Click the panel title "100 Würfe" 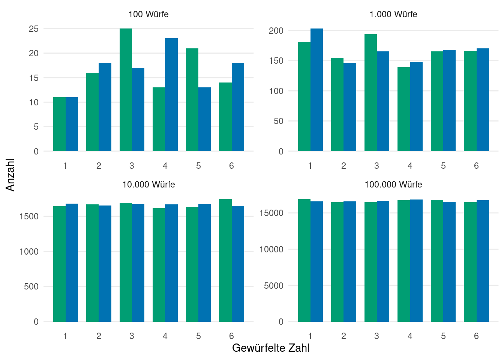pos(148,14)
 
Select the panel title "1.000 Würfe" pos(393,14)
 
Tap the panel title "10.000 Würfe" pos(148,184)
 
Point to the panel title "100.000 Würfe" pos(393,184)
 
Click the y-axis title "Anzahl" pos(10,175)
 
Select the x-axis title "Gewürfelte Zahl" pos(271,348)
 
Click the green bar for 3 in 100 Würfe pos(126,90)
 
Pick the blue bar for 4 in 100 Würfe pos(171,95)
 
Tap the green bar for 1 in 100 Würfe pos(59,124)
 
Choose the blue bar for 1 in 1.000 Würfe pos(316,90)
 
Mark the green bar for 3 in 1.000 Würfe pos(370,93)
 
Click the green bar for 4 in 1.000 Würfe pos(404,109)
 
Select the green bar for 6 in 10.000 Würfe pos(225,260)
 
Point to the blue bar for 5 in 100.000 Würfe pos(449,262)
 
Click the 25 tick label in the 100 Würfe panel pos(34,29)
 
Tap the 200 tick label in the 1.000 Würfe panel pos(276,31)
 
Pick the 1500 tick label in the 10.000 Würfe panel pos(29,216)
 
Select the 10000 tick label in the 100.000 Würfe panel pos(271,249)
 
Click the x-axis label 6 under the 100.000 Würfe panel pos(476,336)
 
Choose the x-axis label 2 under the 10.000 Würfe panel pos(99,336)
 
